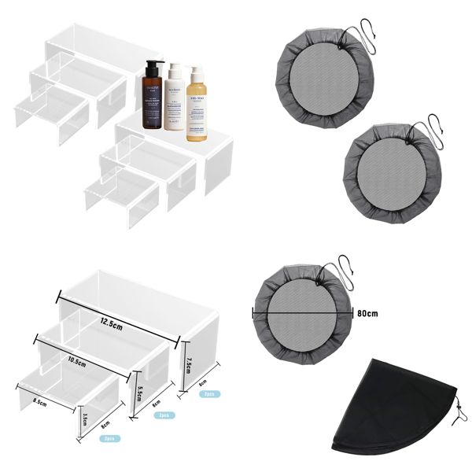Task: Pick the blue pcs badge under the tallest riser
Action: (210, 393)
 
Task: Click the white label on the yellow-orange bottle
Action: (197, 121)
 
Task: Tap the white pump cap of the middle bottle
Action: (175, 70)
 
